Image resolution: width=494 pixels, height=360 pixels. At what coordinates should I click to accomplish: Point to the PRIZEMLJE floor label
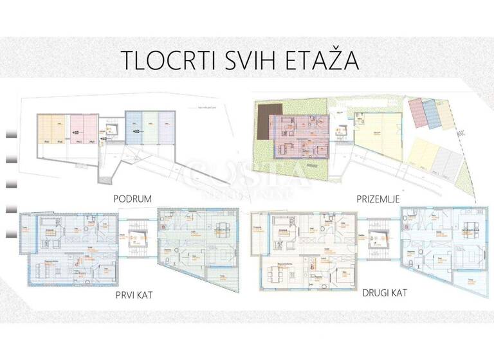[x=379, y=199]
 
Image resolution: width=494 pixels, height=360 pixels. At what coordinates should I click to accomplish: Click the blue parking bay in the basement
[x=133, y=127]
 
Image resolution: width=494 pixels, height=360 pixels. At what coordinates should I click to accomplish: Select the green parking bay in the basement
[x=150, y=127]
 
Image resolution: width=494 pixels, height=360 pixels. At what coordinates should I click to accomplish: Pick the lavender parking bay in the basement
[x=167, y=127]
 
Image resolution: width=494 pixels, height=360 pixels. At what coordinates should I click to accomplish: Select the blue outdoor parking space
[x=432, y=114]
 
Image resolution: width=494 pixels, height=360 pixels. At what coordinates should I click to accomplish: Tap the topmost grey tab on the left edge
[x=10, y=134]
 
